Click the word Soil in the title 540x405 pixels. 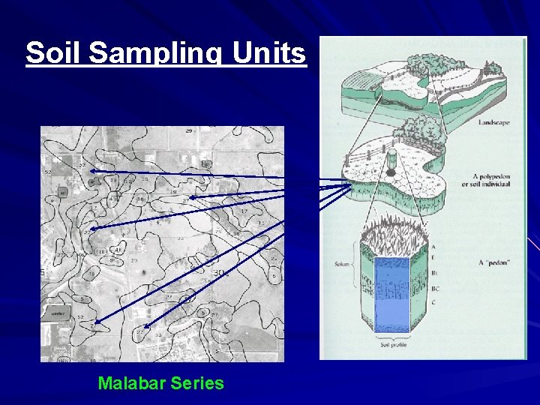tap(47, 52)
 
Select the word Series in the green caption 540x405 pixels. tap(197, 383)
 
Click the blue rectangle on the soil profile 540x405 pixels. tap(391, 295)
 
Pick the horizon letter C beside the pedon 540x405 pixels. tap(433, 301)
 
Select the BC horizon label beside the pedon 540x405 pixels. tap(434, 289)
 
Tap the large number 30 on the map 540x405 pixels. tap(220, 273)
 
